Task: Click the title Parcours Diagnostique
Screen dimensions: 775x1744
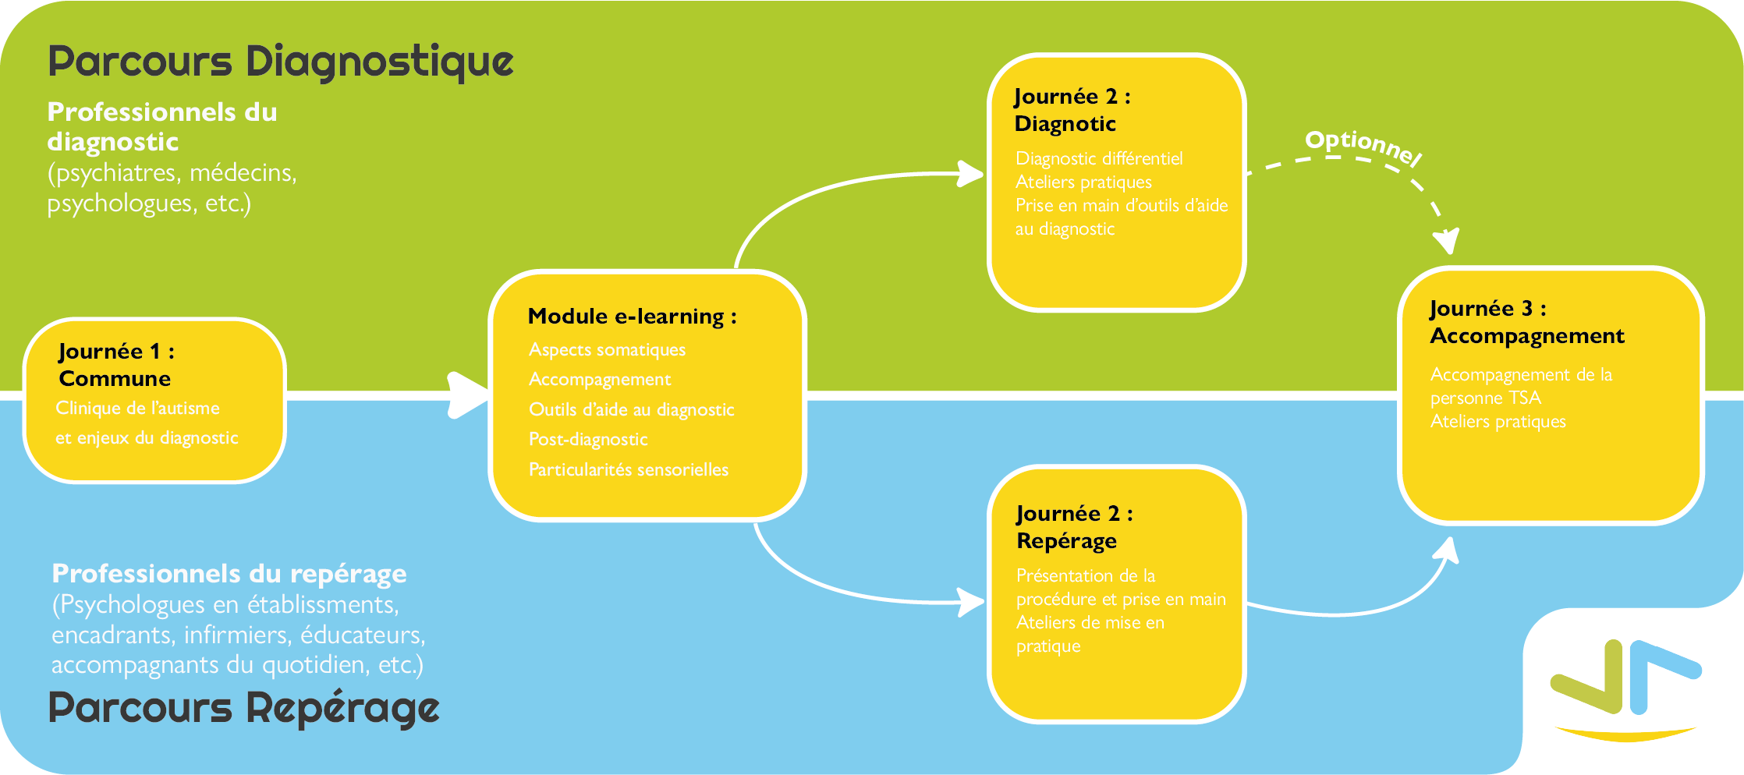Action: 281,62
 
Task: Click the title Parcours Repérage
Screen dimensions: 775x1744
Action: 244,709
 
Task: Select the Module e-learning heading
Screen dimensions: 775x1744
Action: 632,317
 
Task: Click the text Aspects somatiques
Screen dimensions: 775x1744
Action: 607,350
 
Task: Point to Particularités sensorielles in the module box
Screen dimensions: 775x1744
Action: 628,470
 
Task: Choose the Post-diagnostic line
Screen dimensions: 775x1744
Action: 588,440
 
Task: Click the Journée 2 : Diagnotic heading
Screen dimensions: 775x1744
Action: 1072,110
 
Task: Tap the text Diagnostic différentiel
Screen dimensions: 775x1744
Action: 1099,159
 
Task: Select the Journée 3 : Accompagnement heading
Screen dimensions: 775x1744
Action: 1526,322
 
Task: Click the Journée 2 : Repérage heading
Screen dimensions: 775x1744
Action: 1074,527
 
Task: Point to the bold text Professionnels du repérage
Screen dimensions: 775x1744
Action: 229,574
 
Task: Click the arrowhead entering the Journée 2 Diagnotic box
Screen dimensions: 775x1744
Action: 972,173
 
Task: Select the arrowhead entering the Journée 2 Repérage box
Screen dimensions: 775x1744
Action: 972,602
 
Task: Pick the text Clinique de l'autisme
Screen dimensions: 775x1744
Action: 137,409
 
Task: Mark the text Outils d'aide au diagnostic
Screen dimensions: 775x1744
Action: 631,410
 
